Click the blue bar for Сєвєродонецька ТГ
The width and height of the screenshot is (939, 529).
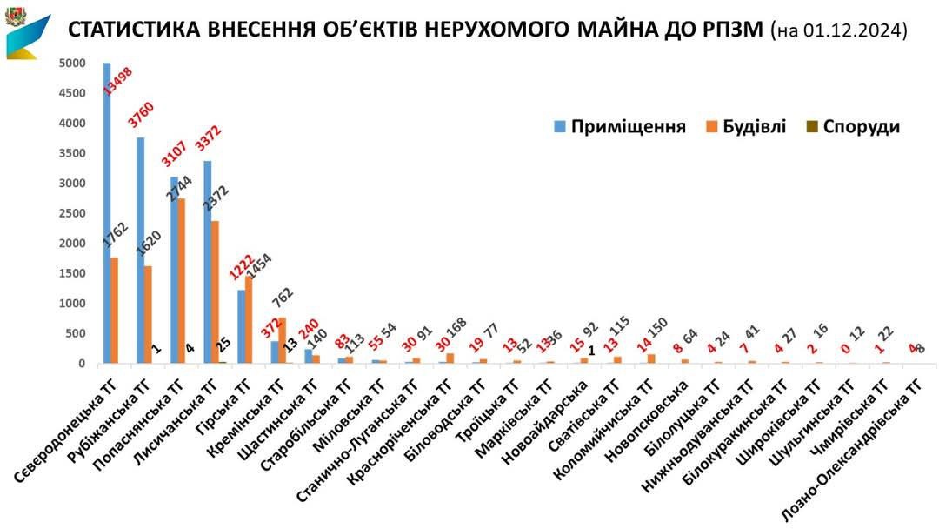coord(107,213)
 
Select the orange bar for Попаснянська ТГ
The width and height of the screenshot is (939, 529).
coord(181,280)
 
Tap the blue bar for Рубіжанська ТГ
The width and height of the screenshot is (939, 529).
coord(140,251)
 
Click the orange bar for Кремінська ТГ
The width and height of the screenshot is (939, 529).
coord(282,340)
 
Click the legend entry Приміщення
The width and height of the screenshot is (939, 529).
coord(620,126)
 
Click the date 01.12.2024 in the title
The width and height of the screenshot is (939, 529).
coord(853,31)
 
